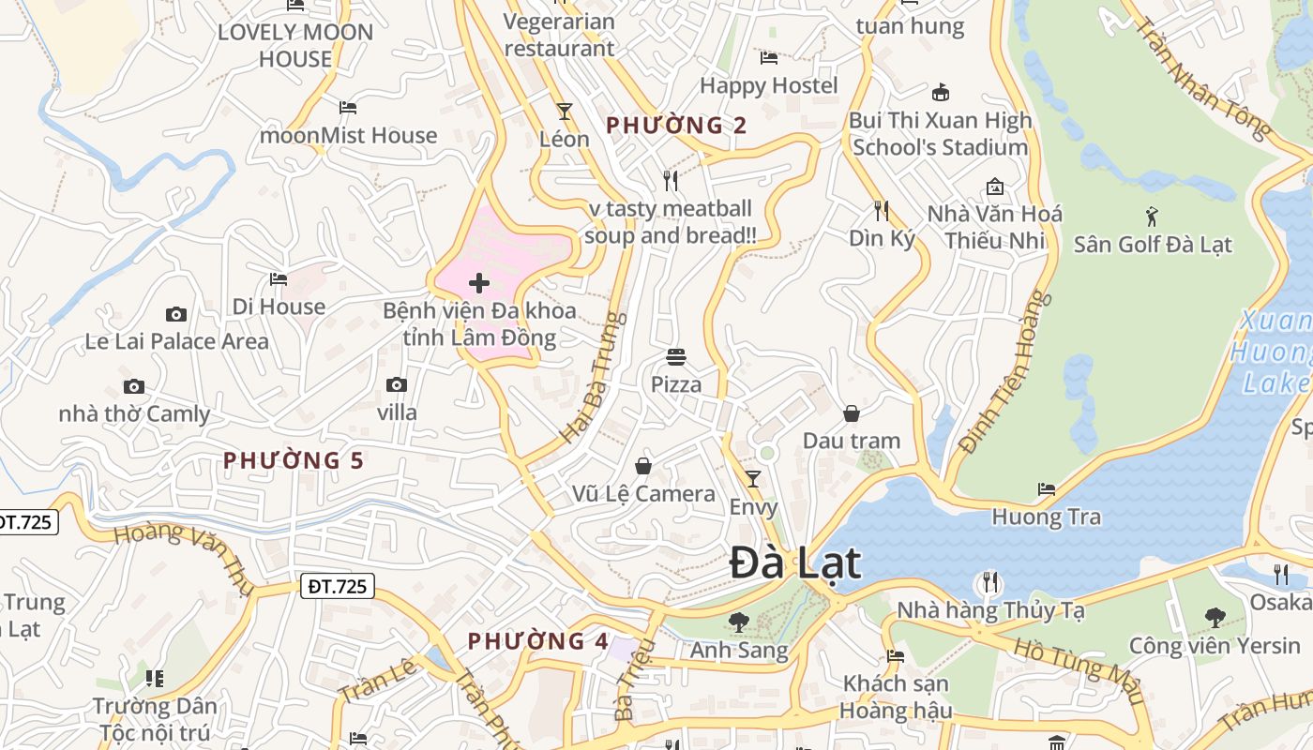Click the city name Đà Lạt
[x=795, y=563]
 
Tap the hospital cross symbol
[x=479, y=283]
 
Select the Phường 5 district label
[x=294, y=460]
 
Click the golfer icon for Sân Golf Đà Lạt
[x=1152, y=217]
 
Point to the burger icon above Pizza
[x=676, y=356]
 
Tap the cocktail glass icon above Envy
[x=753, y=479]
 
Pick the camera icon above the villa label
[x=397, y=384]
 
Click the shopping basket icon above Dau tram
[x=852, y=413]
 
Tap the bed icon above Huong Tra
[x=1047, y=489]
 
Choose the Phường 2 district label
[x=676, y=125]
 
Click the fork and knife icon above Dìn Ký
[x=881, y=210]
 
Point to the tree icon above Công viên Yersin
[x=1215, y=618]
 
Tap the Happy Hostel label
[x=769, y=85]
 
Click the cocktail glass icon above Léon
[x=565, y=112]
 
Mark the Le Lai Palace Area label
[x=177, y=341]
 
